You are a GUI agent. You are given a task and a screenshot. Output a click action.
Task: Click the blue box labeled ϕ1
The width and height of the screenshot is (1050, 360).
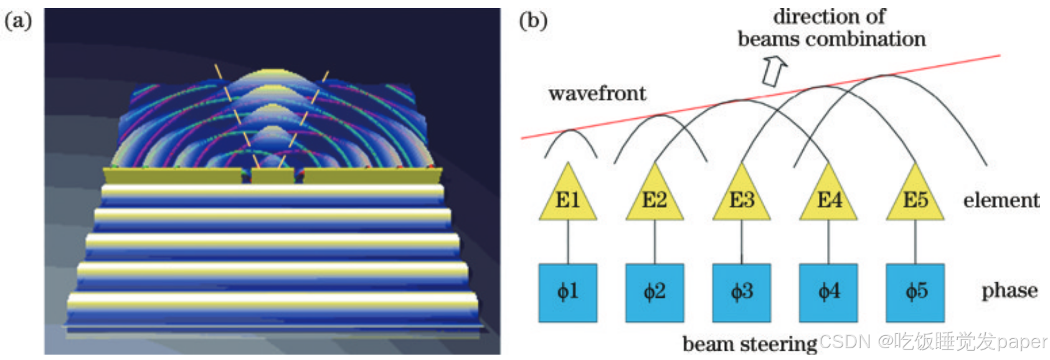click(567, 293)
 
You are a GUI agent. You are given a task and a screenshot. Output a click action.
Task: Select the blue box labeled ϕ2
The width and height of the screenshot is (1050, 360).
click(655, 293)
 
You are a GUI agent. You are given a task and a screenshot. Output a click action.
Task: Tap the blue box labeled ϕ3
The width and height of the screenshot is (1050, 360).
click(742, 293)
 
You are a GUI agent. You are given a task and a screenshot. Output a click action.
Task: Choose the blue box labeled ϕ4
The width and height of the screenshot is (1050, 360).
click(828, 293)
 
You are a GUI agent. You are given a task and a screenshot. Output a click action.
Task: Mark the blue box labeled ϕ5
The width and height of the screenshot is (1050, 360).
click(915, 293)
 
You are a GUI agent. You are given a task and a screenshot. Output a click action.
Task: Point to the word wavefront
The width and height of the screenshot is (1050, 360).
click(597, 93)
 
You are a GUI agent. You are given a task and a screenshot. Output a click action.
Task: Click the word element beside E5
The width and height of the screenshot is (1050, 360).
click(1001, 200)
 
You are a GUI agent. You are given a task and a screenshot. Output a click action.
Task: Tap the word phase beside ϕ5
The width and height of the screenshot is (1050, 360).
click(1009, 290)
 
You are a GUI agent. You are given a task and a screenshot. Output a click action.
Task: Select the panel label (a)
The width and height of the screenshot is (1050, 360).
click(18, 21)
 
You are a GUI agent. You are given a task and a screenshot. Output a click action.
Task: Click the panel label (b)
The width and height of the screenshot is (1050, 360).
click(533, 21)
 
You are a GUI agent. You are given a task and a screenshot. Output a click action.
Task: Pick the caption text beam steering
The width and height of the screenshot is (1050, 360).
click(749, 344)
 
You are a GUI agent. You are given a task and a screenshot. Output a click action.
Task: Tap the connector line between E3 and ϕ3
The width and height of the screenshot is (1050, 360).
click(742, 242)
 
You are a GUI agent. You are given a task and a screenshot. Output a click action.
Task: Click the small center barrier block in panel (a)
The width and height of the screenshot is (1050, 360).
click(272, 175)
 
